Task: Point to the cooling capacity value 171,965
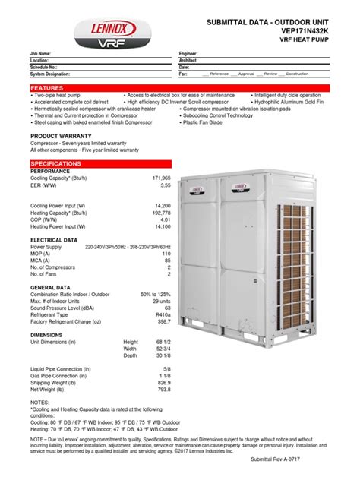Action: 157,177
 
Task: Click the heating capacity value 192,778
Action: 157,212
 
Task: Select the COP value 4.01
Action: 163,219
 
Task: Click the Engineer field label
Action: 189,54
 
